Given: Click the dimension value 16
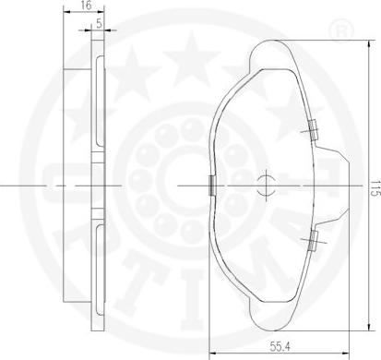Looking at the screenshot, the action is pos(87,5).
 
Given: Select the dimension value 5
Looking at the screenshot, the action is pos(99,23).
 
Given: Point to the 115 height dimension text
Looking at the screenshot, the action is pos(375,188).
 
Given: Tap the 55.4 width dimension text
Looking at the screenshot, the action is pos(280,347).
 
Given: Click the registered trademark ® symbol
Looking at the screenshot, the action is pos(341,30).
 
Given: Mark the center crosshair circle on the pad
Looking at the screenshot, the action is pos(266,186).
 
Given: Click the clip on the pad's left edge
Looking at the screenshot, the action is pos(212,186).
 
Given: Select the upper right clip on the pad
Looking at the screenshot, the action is pos(313,130).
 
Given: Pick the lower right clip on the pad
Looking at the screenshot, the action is pos(313,240).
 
